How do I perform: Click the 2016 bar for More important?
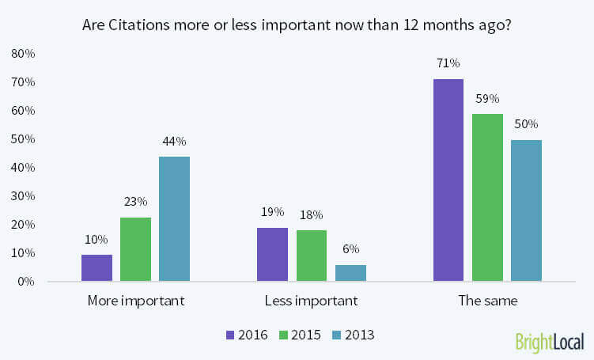[x=96, y=267]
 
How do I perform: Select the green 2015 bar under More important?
[x=135, y=249]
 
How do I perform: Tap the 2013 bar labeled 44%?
[x=174, y=219]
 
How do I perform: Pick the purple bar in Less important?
[x=273, y=255]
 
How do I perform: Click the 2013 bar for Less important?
[x=350, y=273]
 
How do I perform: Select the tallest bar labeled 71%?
[x=448, y=180]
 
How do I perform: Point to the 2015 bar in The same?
[x=487, y=198]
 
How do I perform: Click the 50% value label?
[x=526, y=124]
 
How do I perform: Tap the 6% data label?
[x=350, y=248]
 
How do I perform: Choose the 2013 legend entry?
[x=353, y=335]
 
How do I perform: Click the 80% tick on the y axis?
[x=23, y=54]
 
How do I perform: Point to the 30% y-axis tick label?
[x=23, y=196]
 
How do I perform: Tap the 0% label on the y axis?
[x=26, y=282]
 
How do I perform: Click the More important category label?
[x=135, y=301]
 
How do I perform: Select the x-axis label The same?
[x=487, y=301]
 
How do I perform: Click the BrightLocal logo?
[x=549, y=342]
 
